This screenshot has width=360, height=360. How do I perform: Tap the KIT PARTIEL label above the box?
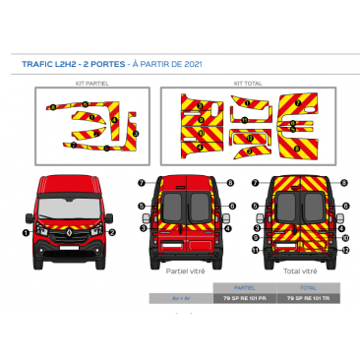coord(92,85)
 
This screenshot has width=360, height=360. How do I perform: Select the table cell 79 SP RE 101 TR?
coord(306,296)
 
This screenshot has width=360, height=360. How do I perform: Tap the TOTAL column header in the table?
coord(306,287)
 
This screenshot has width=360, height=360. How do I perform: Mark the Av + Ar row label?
coord(181,296)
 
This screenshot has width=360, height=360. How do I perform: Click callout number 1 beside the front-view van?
coord(26,233)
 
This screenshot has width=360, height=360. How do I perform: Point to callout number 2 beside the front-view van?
coord(113,233)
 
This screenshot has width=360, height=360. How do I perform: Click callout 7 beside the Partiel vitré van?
coord(141,183)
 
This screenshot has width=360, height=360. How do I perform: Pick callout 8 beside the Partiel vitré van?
coord(230,183)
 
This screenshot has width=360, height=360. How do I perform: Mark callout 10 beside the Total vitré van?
coord(345,238)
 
